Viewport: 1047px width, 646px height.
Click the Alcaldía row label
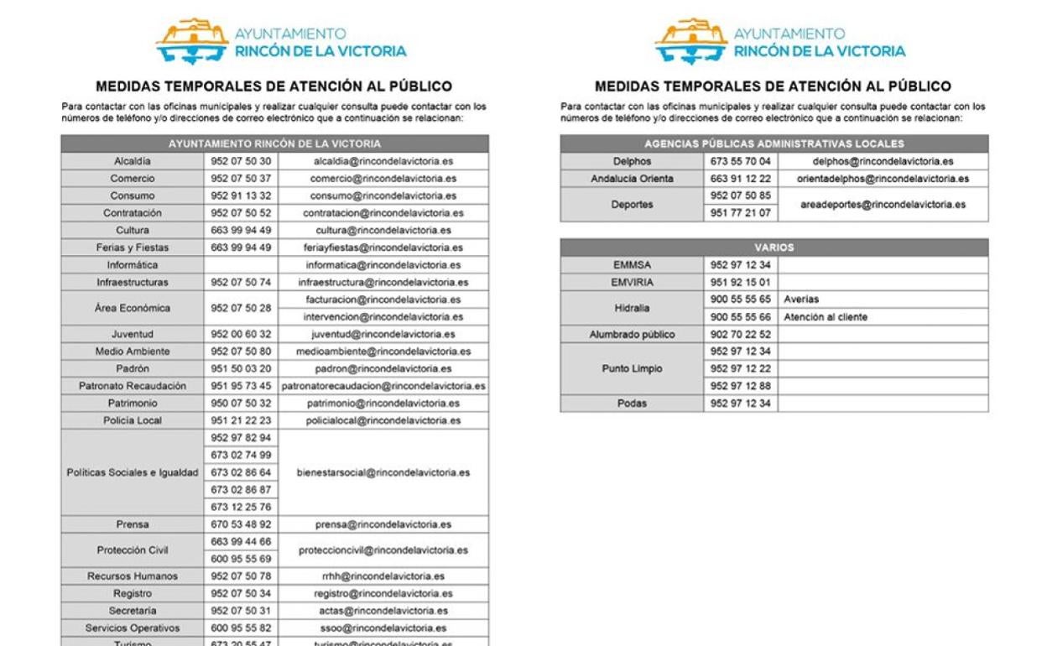pos(133,161)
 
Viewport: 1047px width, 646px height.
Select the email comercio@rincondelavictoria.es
pos(383,179)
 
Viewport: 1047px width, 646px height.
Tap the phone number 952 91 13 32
pos(241,195)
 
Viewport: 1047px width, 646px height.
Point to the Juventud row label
pos(133,334)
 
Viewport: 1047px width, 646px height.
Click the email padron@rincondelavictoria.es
pos(383,368)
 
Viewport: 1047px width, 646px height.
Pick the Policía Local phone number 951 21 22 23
pos(241,420)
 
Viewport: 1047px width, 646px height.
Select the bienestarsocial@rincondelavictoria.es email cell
pos(383,472)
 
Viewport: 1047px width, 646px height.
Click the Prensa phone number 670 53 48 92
pos(241,524)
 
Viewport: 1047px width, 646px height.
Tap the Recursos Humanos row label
pos(133,576)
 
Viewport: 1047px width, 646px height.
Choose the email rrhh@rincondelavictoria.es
pos(383,576)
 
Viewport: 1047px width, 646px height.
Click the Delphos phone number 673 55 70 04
pos(741,161)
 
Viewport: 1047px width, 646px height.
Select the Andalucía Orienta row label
pos(632,179)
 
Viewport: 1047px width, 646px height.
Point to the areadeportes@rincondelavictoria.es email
pos(883,204)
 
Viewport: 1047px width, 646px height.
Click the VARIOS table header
pos(774,247)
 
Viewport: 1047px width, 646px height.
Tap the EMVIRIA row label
pos(632,283)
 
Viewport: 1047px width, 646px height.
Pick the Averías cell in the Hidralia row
pos(801,300)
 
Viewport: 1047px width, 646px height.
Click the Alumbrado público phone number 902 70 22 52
pos(741,335)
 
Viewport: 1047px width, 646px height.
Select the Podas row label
pos(632,404)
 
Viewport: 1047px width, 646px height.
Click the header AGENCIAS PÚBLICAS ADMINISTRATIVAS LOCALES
pos(774,143)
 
